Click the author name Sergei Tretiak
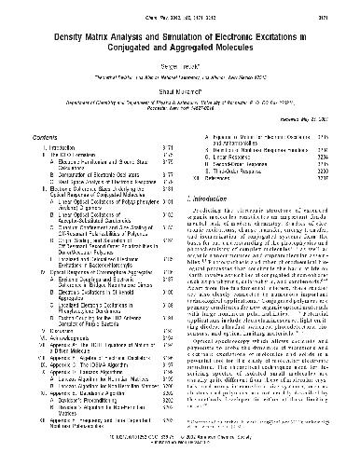point(180,68)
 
